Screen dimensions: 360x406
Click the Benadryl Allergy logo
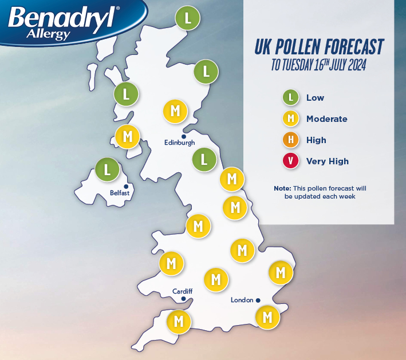tap(63, 22)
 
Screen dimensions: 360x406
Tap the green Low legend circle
tap(291, 97)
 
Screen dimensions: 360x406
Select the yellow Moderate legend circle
tap(291, 118)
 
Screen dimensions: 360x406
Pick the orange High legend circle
tap(291, 140)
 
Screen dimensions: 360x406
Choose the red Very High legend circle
tap(291, 161)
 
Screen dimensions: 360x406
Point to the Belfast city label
tap(120, 193)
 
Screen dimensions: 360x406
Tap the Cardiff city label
tap(182, 291)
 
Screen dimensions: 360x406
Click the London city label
tap(242, 300)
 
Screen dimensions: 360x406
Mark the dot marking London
tap(258, 300)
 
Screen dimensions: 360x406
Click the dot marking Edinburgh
tap(183, 136)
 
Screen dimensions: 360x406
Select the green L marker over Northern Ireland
tap(107, 169)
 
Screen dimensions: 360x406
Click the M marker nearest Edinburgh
tap(175, 110)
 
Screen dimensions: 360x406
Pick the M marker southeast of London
tap(266, 317)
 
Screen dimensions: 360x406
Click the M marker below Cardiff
tap(178, 321)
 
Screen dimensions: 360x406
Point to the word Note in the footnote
tap(282, 188)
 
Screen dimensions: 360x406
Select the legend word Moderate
tap(326, 118)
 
